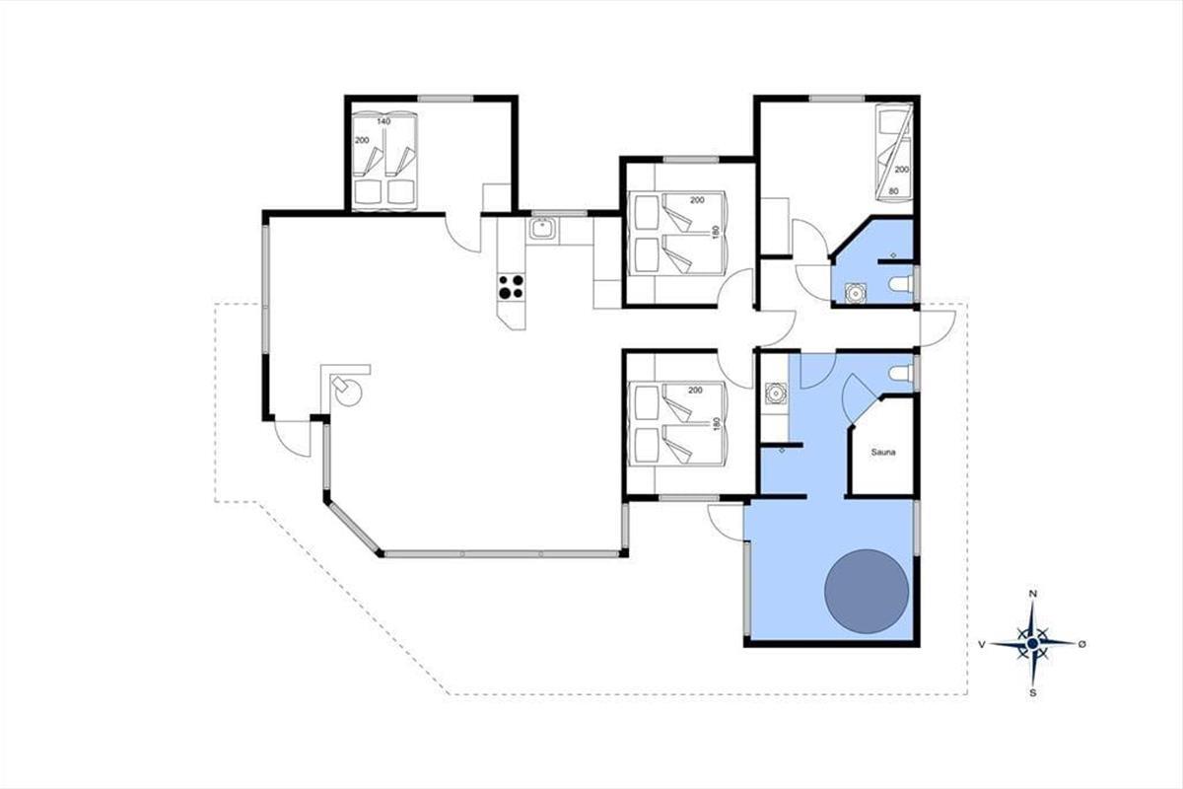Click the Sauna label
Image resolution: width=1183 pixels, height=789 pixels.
[x=883, y=453]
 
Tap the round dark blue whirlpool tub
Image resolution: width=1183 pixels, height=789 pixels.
[x=867, y=592]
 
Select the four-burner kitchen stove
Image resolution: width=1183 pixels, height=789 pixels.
[x=512, y=287]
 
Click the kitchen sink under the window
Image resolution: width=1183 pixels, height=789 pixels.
[x=542, y=230]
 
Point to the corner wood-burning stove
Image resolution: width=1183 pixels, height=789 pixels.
[x=347, y=390]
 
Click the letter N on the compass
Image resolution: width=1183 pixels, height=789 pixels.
[x=1033, y=594]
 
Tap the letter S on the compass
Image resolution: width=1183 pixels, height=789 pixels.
[x=1033, y=693]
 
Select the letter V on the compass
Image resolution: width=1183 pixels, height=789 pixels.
[x=982, y=644]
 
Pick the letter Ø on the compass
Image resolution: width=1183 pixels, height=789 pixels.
[x=1082, y=644]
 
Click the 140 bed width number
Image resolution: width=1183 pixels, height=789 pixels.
[x=383, y=121]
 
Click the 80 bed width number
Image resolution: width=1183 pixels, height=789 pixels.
[x=893, y=191]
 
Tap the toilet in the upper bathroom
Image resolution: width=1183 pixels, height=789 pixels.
[x=901, y=284]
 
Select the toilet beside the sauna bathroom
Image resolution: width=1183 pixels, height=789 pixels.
[x=901, y=374]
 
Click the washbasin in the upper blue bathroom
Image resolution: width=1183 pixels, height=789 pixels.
[x=855, y=293]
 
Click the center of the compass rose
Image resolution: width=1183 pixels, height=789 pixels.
[x=1033, y=644]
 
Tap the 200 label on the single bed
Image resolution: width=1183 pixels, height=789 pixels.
[x=901, y=170]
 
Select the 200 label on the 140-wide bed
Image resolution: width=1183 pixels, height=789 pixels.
[x=362, y=141]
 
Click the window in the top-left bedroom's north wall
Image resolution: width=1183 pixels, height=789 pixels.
[x=446, y=99]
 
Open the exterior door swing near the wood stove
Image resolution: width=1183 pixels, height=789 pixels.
[x=294, y=439]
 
